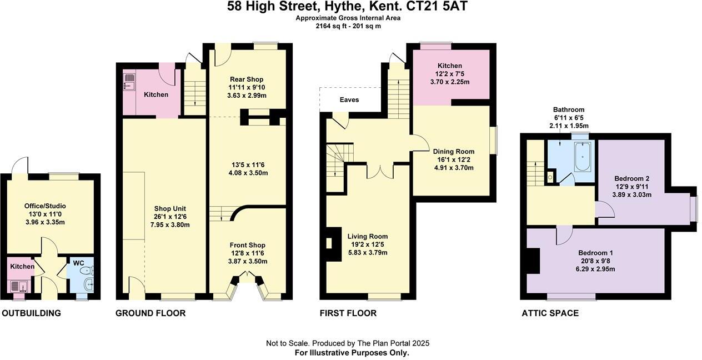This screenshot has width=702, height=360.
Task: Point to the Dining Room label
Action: (x=454, y=152)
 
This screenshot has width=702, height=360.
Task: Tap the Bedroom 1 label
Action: (x=596, y=252)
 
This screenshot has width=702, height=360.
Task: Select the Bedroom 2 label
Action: (x=631, y=178)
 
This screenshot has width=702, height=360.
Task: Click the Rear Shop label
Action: (x=247, y=79)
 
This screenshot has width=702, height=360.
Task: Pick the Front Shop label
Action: (x=248, y=245)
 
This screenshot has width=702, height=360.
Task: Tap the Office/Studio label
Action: (x=45, y=206)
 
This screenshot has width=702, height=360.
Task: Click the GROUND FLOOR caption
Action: (x=151, y=313)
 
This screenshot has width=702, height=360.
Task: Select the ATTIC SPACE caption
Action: (x=550, y=313)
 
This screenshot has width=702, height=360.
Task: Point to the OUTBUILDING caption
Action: (x=31, y=313)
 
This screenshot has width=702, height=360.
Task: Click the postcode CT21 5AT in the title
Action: (x=444, y=7)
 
